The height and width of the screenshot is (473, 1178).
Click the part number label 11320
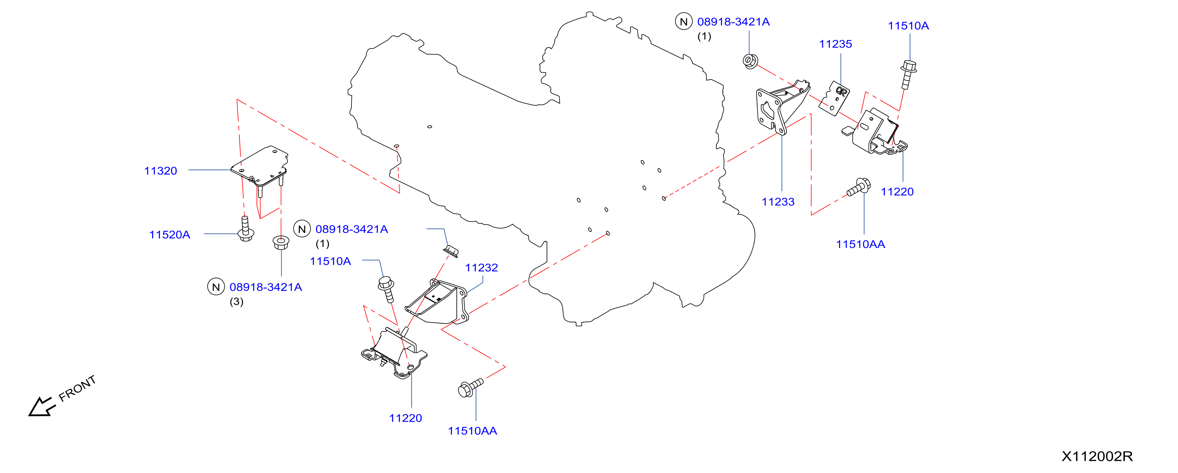pyautogui.click(x=160, y=171)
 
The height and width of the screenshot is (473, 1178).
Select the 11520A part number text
pyautogui.click(x=170, y=235)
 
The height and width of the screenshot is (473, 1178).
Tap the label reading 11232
pyautogui.click(x=482, y=267)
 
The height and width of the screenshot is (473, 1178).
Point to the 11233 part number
pyautogui.click(x=778, y=201)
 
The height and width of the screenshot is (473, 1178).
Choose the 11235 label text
pyautogui.click(x=836, y=44)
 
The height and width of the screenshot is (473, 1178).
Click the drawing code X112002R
pyautogui.click(x=1097, y=456)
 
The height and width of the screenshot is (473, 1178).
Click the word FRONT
pyautogui.click(x=77, y=388)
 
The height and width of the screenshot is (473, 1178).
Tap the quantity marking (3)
pyautogui.click(x=236, y=301)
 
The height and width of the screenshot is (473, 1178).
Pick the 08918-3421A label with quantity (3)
pyautogui.click(x=266, y=287)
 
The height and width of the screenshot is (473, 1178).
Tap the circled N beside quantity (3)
pyautogui.click(x=216, y=287)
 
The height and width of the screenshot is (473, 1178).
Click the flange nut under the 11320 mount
pyautogui.click(x=281, y=242)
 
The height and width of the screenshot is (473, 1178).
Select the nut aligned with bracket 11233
pyautogui.click(x=750, y=61)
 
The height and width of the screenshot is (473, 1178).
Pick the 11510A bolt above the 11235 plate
pyautogui.click(x=908, y=74)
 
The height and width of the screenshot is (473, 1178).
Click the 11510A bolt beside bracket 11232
pyautogui.click(x=386, y=289)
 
